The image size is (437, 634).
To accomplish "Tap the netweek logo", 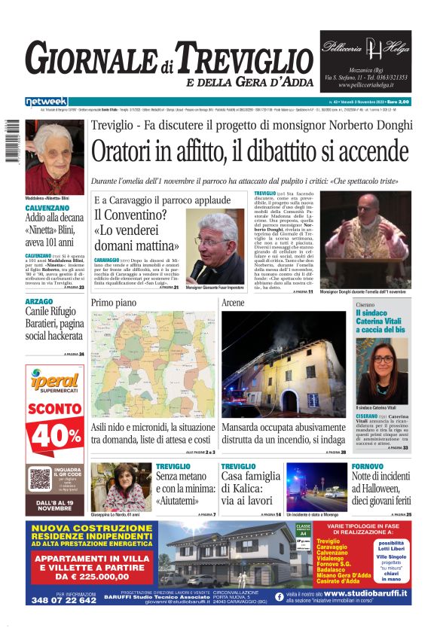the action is [x=47, y=101].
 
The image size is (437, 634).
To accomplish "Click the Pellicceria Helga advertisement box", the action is [x=365, y=61].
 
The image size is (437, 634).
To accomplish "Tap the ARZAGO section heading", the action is [x=39, y=301].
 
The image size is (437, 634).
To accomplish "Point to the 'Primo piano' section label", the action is [x=114, y=302].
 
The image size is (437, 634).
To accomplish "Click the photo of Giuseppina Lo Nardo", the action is [x=121, y=486].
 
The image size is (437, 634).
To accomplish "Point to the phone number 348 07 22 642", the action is [x=65, y=600].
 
